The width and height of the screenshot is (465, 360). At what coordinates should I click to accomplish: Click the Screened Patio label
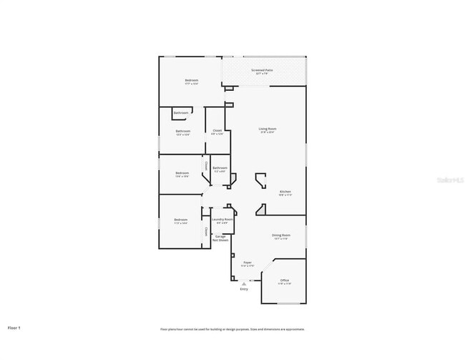pos(263,70)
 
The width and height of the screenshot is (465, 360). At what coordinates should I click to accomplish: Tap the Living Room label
pos(268,129)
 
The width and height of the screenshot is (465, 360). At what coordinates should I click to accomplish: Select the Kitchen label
pos(285,192)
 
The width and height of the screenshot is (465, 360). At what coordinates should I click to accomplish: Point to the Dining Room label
pos(280,235)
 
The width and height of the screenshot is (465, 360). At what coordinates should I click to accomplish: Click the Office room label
pos(284,280)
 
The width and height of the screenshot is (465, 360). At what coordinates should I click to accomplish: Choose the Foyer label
pos(248,263)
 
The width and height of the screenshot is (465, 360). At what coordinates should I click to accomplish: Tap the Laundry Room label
pos(222,219)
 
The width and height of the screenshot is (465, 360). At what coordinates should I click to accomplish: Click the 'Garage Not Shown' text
pos(221,238)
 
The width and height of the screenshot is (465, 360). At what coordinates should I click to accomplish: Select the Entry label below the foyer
pos(244,289)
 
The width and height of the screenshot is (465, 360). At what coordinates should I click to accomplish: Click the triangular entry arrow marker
pos(244,283)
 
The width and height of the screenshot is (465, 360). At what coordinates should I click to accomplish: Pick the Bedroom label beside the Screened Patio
pos(191,80)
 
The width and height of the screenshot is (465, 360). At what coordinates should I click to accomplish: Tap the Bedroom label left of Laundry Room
pos(180,220)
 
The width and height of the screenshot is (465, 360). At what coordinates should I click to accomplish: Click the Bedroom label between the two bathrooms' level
pos(182,173)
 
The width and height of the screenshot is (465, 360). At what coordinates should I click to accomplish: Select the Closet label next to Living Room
pos(217,131)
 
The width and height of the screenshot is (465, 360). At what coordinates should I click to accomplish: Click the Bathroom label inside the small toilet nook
pos(181,113)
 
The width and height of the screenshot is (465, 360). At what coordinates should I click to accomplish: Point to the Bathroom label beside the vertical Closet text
pos(220,168)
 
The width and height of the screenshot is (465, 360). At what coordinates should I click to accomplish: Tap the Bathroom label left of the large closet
pos(183,132)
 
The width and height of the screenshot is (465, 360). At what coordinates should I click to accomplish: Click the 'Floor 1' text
pos(14,328)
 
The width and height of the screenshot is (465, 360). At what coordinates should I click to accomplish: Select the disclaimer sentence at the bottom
pos(232,329)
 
